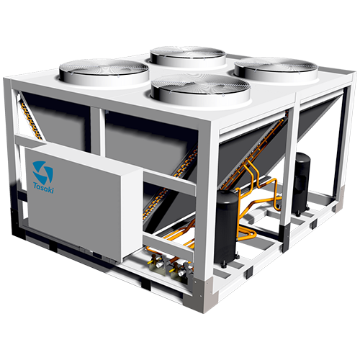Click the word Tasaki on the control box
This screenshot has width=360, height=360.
pos(43,188)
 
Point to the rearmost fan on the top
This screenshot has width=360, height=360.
pos(188,56)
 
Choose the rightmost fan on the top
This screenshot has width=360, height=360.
pos(276,68)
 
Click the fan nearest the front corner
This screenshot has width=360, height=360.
pos(201,90)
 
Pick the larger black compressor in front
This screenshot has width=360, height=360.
pos(226,227)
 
